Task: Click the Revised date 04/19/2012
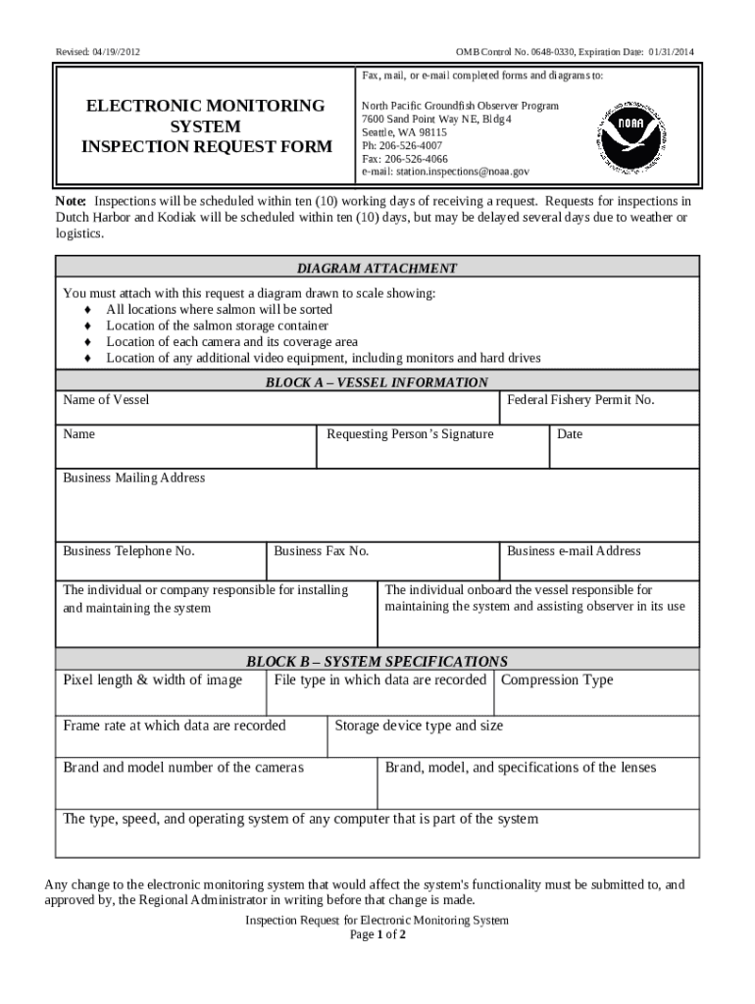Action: pyautogui.click(x=90, y=51)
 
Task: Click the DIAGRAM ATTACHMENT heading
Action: pyautogui.click(x=377, y=268)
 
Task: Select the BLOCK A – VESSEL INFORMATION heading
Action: pyautogui.click(x=377, y=382)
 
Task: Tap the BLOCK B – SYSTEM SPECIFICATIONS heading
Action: pyautogui.click(x=377, y=661)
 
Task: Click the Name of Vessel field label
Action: pyautogui.click(x=106, y=400)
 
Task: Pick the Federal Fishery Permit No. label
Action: pyautogui.click(x=580, y=400)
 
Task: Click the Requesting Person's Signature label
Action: pyautogui.click(x=410, y=434)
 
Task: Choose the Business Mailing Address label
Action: pyautogui.click(x=134, y=477)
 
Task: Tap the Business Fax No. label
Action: pyautogui.click(x=322, y=551)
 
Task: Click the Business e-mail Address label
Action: pyautogui.click(x=574, y=551)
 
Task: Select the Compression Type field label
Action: pyautogui.click(x=557, y=679)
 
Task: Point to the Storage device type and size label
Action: pyautogui.click(x=419, y=726)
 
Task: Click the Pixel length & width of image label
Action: pyautogui.click(x=153, y=679)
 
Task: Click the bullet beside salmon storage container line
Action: pyautogui.click(x=87, y=326)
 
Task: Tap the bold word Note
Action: pyautogui.click(x=70, y=201)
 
